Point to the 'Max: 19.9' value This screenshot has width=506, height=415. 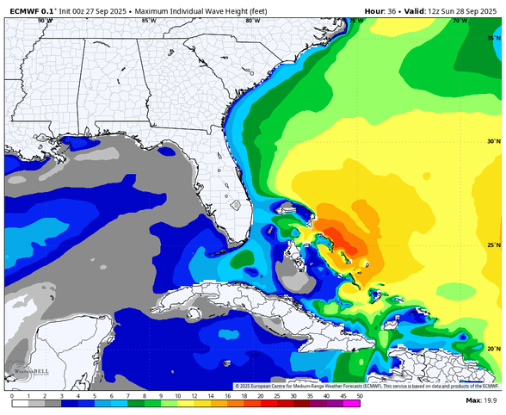pyautogui.click(x=484, y=401)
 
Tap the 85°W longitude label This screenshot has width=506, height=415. pyautogui.click(x=148, y=20)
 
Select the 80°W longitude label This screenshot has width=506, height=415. pyautogui.click(x=251, y=20)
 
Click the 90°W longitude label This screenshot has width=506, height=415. pyautogui.click(x=45, y=20)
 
